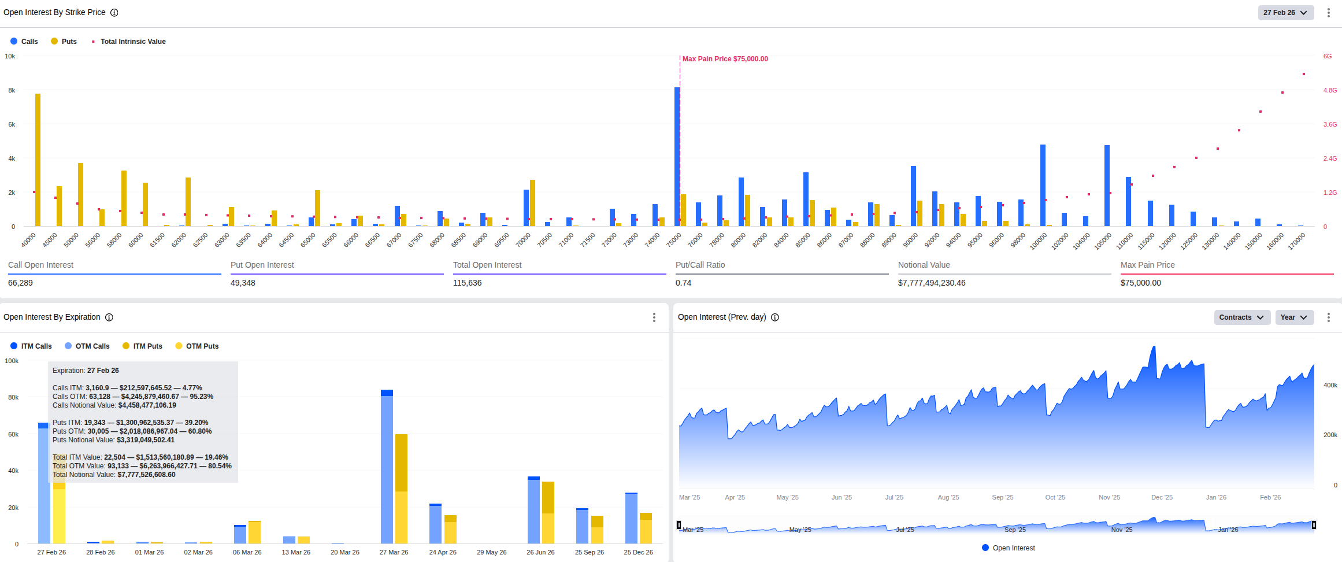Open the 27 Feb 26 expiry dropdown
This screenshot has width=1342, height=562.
(1285, 13)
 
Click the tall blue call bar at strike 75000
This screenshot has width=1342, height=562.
(677, 156)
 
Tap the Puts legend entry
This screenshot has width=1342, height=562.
(64, 42)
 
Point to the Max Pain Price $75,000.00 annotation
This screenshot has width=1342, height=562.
(725, 59)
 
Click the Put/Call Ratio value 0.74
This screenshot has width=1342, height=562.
(683, 283)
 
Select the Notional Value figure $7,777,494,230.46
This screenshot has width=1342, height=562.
(931, 283)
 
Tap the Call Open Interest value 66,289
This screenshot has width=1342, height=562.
(20, 283)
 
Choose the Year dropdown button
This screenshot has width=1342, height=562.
(1294, 317)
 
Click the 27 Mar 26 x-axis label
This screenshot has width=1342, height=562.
(394, 552)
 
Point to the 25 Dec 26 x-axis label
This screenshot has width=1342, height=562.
(638, 552)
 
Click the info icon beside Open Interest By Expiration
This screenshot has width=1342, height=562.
(109, 317)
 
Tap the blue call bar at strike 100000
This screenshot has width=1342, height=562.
(1043, 185)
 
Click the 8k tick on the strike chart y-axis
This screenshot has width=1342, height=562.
(12, 90)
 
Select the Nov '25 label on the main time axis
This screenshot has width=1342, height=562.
(1109, 497)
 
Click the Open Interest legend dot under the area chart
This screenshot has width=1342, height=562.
(985, 548)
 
